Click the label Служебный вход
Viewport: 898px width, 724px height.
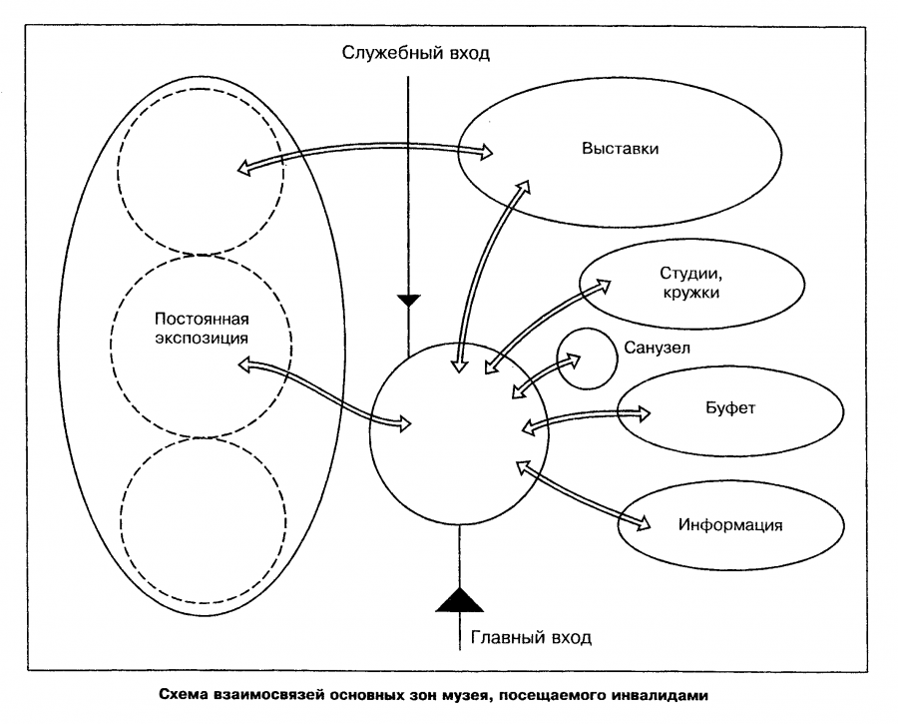click(x=416, y=53)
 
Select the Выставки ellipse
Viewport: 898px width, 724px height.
click(x=619, y=150)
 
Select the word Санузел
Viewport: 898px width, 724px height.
click(x=656, y=348)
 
